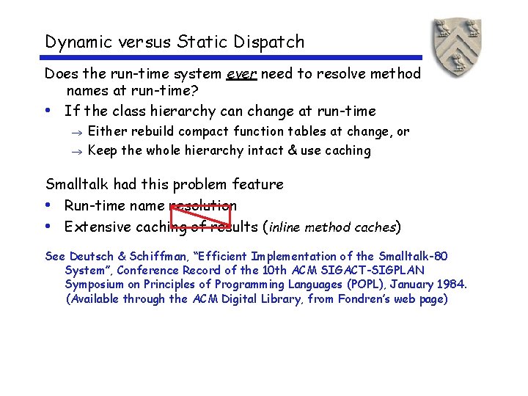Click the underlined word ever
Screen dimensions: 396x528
click(x=241, y=74)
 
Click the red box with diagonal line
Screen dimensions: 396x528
click(x=200, y=216)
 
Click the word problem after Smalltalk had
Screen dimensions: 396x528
click(x=198, y=184)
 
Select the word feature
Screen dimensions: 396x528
click(x=257, y=184)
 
